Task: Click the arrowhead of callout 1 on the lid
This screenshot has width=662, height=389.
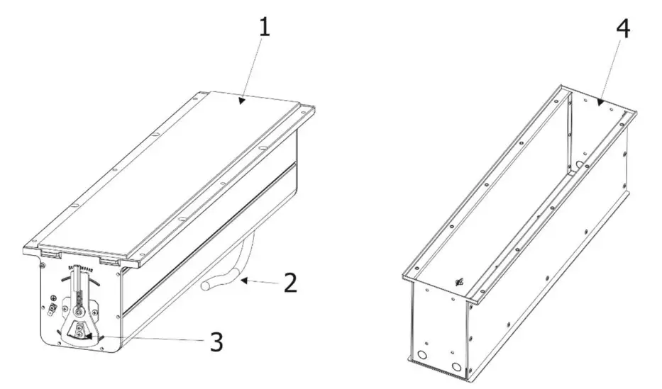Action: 242,101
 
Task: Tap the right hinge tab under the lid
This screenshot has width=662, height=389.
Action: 108,262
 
